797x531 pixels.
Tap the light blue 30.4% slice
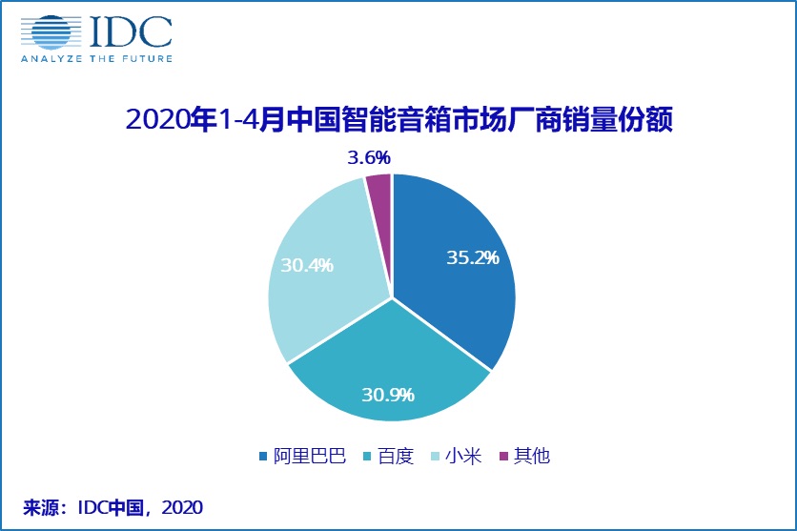pyautogui.click(x=319, y=276)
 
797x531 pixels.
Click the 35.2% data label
pyautogui.click(x=474, y=257)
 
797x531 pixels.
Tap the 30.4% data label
pyautogui.click(x=301, y=266)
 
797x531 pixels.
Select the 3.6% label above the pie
pyautogui.click(x=369, y=156)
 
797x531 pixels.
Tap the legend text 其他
pyautogui.click(x=532, y=456)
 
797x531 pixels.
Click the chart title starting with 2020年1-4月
pyautogui.click(x=399, y=120)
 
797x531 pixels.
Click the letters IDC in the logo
pyautogui.click(x=130, y=31)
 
